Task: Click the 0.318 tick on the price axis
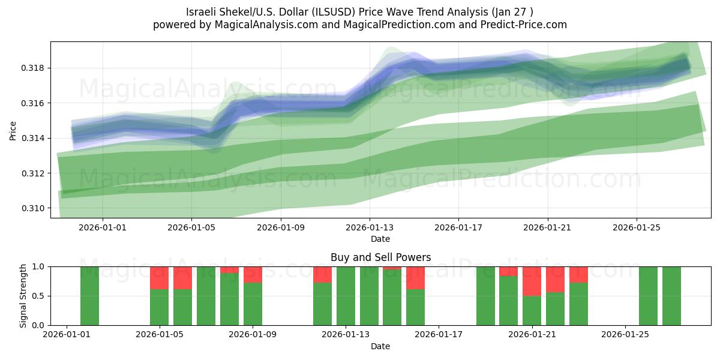pos(35,68)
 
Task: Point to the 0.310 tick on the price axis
pos(35,208)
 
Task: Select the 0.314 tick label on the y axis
pos(35,139)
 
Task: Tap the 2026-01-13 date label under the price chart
pos(370,228)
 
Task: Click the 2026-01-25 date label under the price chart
pos(637,228)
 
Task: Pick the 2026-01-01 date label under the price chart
pos(103,228)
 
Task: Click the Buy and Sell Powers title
pos(380,257)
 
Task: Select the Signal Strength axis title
pos(23,296)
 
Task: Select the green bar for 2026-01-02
pos(89,296)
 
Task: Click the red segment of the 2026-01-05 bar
pos(159,277)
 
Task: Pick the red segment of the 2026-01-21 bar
pos(532,281)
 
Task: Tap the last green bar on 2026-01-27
pos(671,296)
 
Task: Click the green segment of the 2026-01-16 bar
pos(415,307)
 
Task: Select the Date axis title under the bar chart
pos(380,346)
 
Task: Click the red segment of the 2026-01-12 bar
pos(322,274)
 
